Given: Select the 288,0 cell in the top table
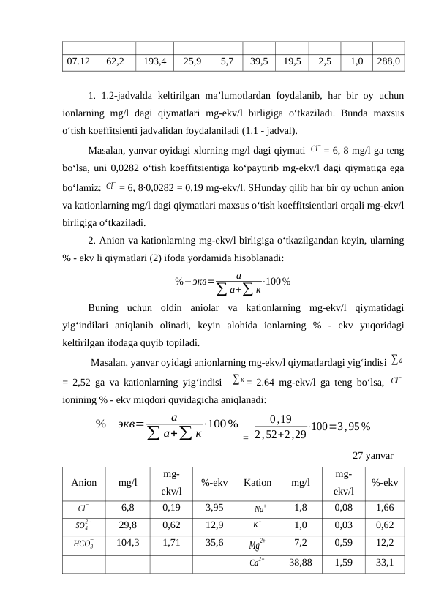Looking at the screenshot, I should [388, 62].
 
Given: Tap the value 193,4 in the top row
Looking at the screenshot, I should [154, 62].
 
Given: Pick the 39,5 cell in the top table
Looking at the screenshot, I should [259, 62].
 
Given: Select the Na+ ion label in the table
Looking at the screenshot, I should [260, 507].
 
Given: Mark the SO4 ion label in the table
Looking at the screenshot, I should [83, 525].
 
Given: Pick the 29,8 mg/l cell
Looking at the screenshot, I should [127, 525].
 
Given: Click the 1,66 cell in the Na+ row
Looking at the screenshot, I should [386, 507].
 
